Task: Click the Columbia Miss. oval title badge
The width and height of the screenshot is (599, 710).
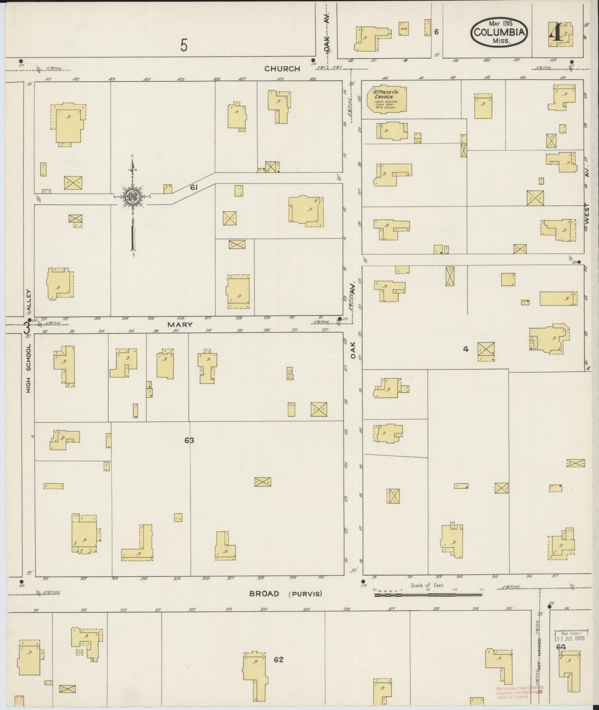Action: (499, 32)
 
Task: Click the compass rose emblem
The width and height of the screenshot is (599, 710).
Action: (132, 196)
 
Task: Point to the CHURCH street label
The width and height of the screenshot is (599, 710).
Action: (282, 69)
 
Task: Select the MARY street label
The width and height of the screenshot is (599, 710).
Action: (180, 325)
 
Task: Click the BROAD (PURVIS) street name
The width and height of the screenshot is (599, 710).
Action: (285, 594)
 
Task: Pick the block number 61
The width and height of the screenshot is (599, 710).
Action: (194, 188)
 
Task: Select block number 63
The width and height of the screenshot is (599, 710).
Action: (189, 440)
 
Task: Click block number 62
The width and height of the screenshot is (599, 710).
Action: (278, 659)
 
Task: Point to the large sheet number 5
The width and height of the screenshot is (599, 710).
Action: (184, 45)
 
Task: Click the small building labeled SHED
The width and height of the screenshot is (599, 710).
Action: (403, 29)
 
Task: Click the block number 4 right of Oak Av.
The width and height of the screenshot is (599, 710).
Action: (466, 349)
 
